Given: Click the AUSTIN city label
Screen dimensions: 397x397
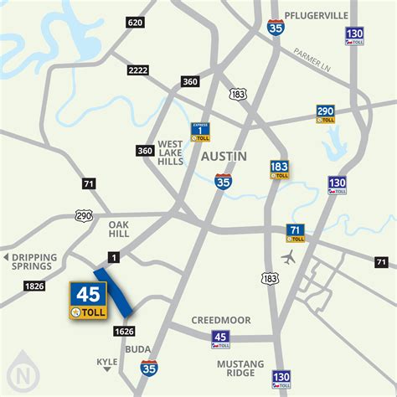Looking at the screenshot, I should coord(224,157).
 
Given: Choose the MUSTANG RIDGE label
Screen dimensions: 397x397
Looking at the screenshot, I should coord(241,369).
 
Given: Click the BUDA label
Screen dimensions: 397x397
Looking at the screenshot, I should coord(138,349).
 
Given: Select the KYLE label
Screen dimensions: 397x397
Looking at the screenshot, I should coord(106,363).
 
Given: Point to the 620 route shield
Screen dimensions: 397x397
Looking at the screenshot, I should coord(135,22).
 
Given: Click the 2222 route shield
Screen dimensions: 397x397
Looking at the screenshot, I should coord(139,70).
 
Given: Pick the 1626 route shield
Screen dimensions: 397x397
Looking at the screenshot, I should coord(124,332).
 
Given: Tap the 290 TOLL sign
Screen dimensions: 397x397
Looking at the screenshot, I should coord(327,115).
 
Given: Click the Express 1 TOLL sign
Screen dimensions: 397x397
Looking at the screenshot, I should coord(200,131).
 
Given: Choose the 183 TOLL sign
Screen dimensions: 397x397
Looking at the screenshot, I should coord(280,170).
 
